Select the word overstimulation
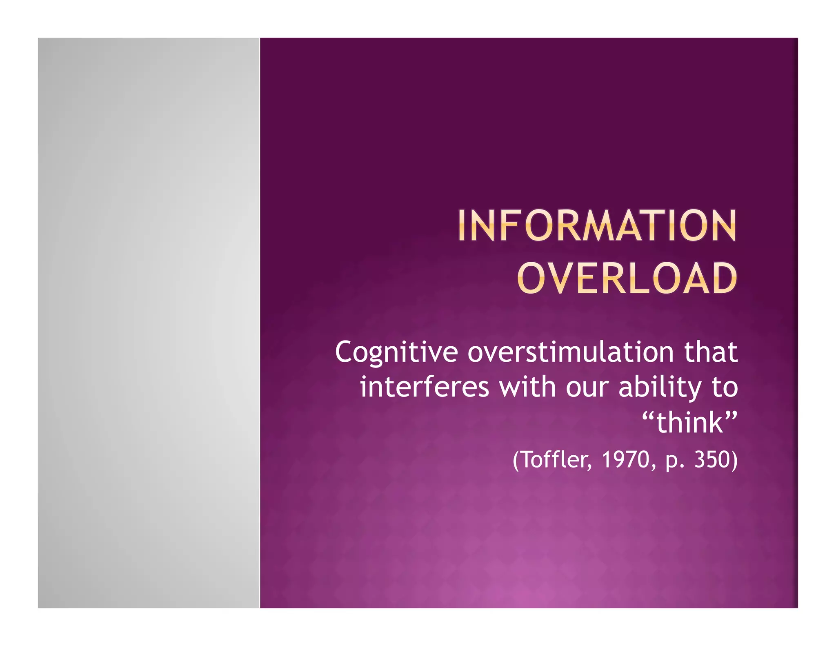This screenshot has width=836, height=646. click(x=570, y=352)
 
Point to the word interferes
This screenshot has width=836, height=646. click(x=425, y=387)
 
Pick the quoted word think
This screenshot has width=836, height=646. click(x=690, y=423)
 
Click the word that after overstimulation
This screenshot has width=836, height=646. click(x=711, y=352)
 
